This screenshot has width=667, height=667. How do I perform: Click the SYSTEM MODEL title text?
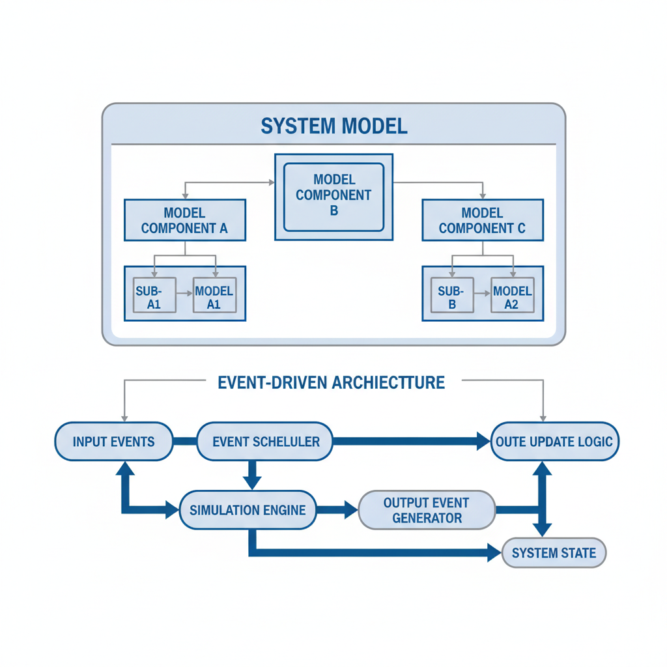[333, 126]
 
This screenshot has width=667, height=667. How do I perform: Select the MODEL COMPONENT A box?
[184, 220]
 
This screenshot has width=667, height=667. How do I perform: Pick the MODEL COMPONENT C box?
[482, 220]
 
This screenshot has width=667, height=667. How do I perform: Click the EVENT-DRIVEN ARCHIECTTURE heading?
[331, 382]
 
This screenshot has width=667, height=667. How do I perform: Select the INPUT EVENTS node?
[113, 442]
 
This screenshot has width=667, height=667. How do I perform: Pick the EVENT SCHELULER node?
[265, 442]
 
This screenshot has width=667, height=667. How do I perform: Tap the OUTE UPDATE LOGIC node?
[554, 442]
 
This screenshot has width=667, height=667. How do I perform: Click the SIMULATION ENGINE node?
[248, 509]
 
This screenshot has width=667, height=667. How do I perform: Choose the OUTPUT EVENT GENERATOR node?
[427, 510]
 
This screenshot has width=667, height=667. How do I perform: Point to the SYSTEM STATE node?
[554, 553]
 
